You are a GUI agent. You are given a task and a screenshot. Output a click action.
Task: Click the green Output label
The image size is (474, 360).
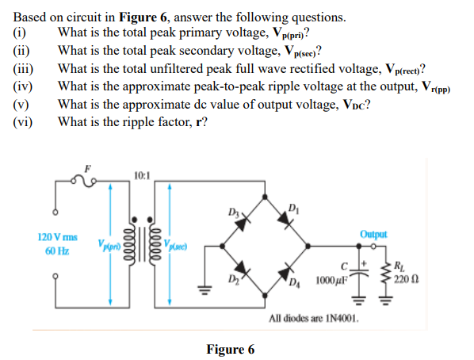click(373, 235)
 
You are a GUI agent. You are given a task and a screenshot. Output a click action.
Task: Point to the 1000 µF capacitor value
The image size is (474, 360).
click(331, 281)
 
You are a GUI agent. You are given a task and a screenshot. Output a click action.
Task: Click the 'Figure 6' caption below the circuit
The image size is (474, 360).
click(230, 350)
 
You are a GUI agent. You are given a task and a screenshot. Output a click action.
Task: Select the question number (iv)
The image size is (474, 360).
click(23, 86)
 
